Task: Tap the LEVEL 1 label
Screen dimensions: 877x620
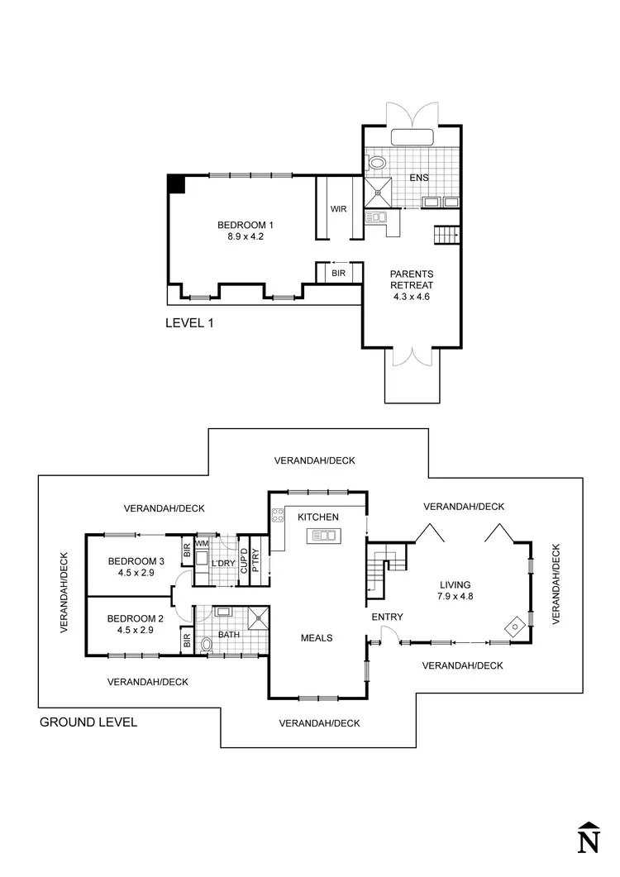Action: coord(190,323)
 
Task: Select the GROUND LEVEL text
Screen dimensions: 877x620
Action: coord(88,722)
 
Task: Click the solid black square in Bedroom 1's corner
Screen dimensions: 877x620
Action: coord(176,184)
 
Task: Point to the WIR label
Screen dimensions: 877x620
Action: coord(338,209)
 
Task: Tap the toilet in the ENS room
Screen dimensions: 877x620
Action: coord(378,163)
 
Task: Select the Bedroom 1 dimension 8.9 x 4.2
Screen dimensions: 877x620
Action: coord(245,236)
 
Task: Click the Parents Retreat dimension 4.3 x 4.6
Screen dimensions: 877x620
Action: coord(412,297)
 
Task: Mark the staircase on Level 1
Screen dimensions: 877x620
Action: coord(446,236)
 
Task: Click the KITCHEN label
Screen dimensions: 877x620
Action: coord(318,517)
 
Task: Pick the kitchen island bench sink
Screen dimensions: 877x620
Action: coord(322,536)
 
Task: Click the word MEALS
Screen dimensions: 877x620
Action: coord(317,637)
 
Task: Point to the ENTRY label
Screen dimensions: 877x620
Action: coord(387,617)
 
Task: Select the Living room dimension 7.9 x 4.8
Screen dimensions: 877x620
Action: coord(461,595)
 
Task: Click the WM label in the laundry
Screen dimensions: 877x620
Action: coord(200,544)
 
